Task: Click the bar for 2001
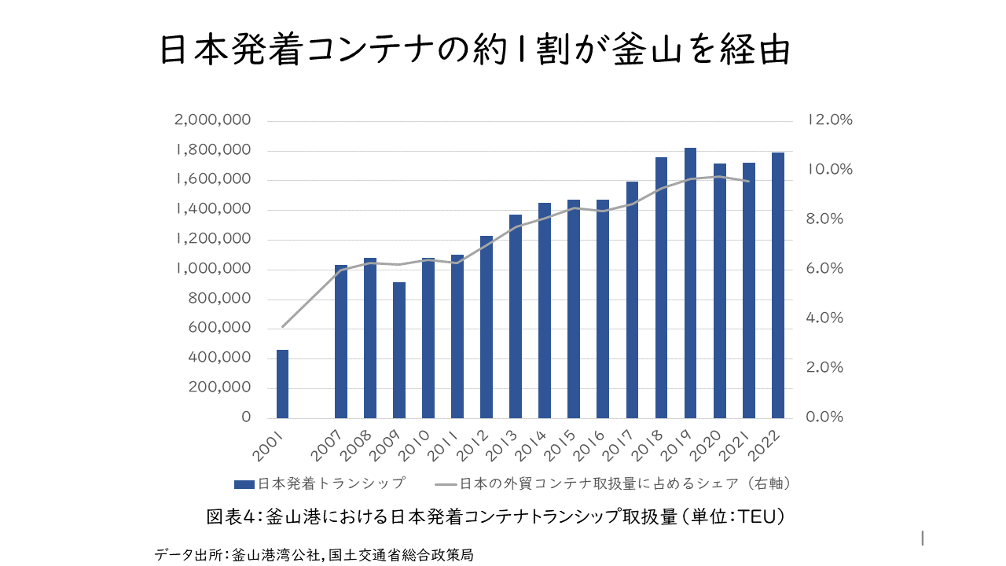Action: click(x=282, y=384)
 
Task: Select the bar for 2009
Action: click(x=399, y=350)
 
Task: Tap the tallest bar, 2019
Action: click(x=690, y=283)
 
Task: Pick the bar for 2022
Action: click(x=778, y=285)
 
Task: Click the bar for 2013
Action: click(x=516, y=316)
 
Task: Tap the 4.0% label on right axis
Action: click(x=824, y=318)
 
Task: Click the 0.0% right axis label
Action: click(x=824, y=417)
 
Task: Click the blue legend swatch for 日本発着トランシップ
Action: click(x=245, y=483)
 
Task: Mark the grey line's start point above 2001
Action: click(x=283, y=326)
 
